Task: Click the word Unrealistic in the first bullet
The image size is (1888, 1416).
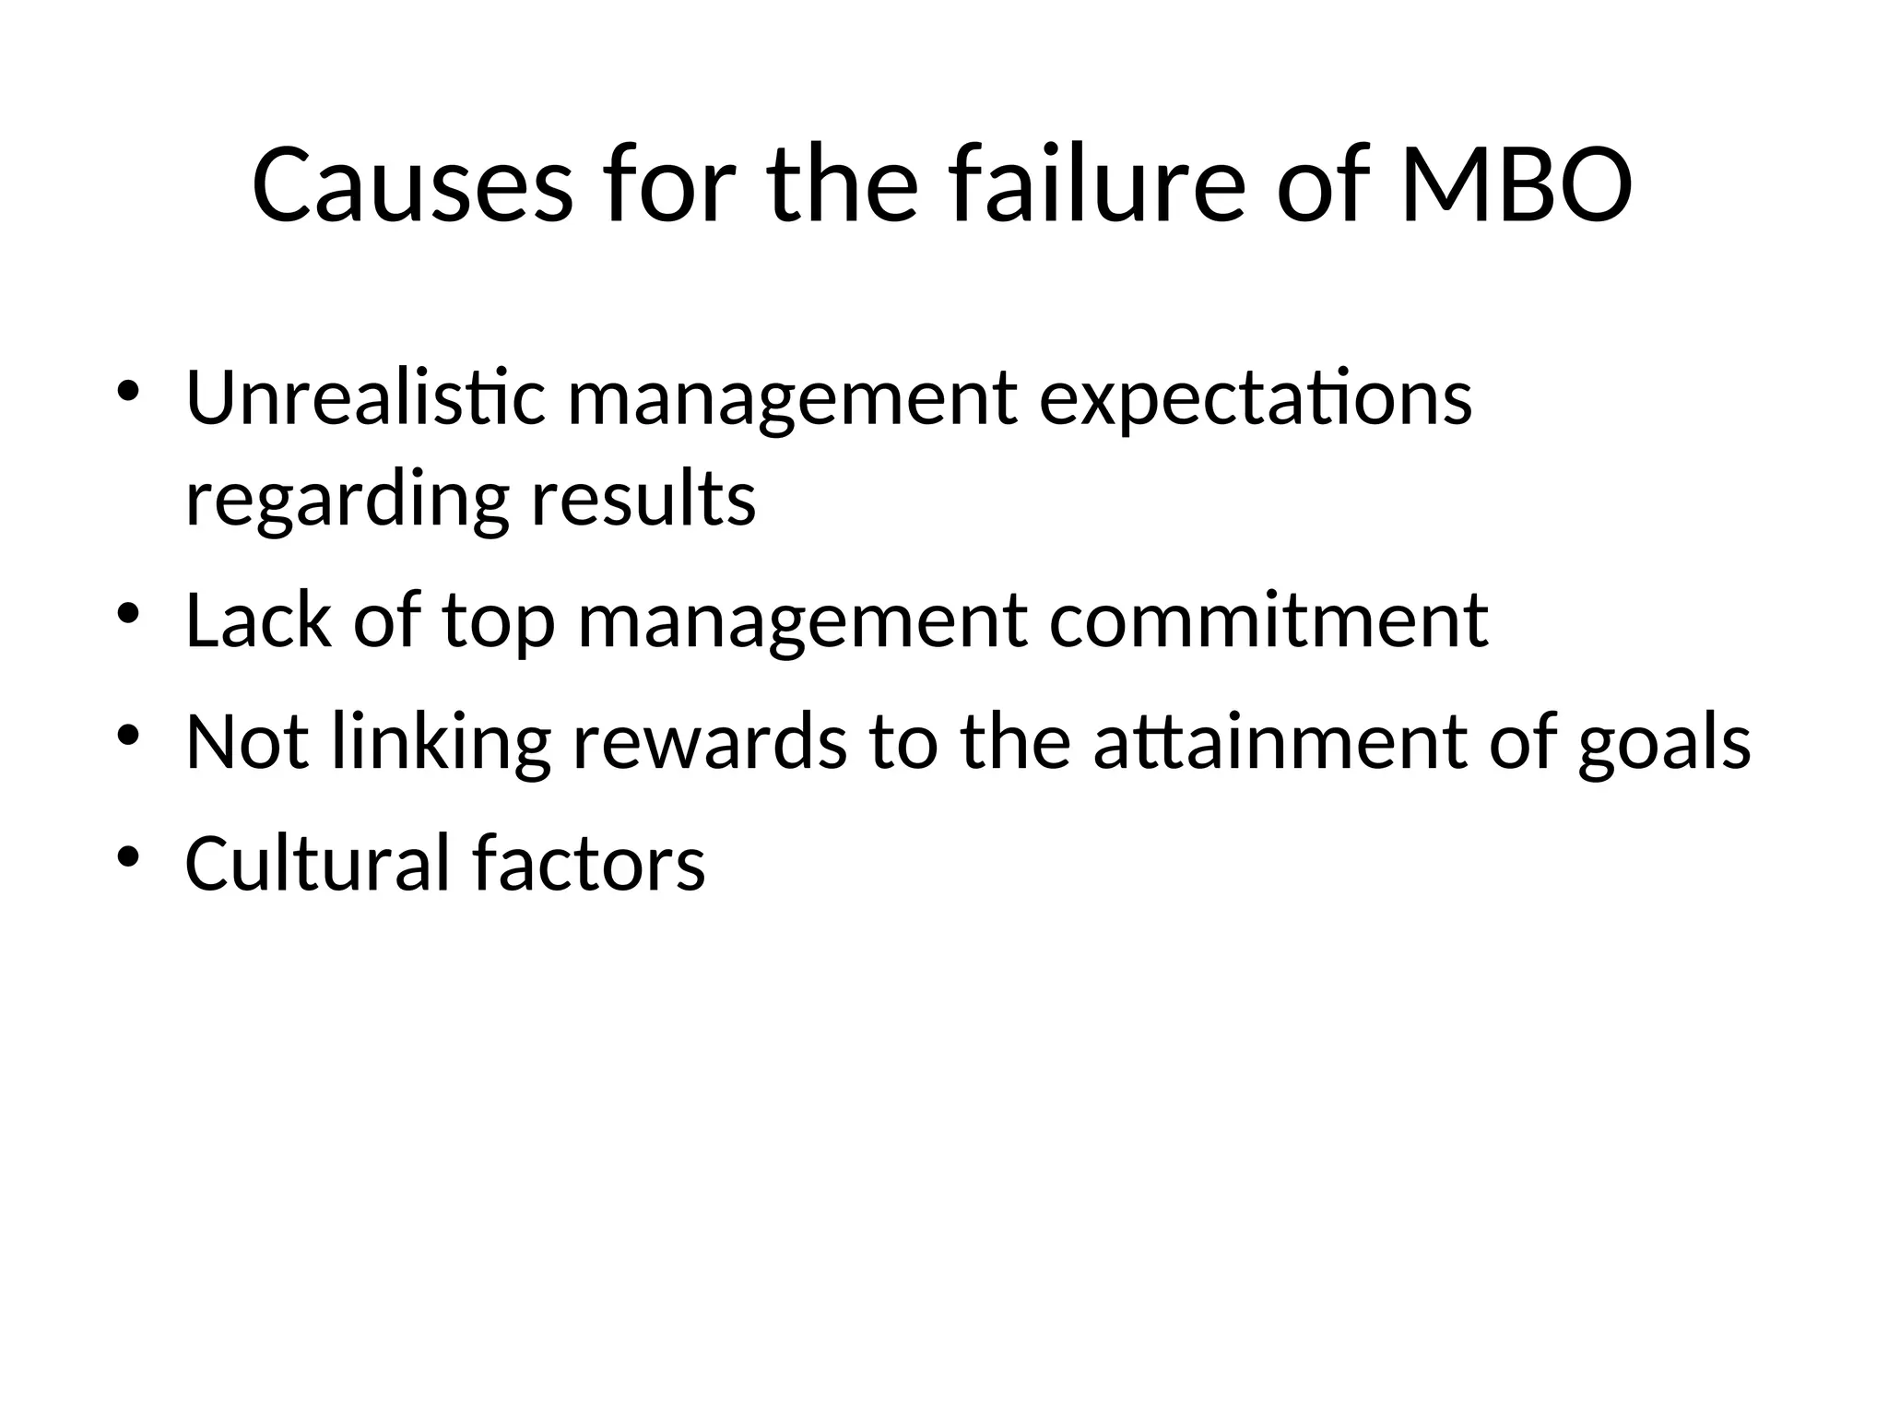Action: [x=366, y=398]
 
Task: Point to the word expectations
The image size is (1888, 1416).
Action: [x=1255, y=400]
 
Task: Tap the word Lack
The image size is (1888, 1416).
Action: [x=257, y=619]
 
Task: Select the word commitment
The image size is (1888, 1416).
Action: [x=1268, y=620]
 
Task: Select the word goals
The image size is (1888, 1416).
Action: [x=1664, y=743]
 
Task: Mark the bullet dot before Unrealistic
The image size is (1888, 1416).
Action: [x=127, y=390]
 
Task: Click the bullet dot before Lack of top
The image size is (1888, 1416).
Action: [x=127, y=612]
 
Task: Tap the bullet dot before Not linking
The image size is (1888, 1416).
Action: [x=127, y=734]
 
